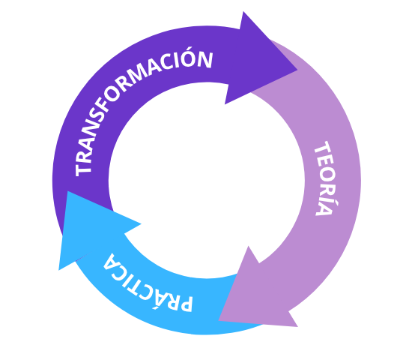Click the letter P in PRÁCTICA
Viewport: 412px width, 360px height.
point(185,303)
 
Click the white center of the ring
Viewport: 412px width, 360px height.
point(207,181)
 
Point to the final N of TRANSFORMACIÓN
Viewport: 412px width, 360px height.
point(205,59)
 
